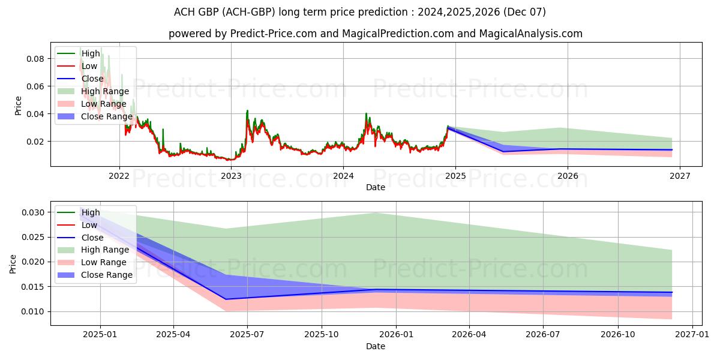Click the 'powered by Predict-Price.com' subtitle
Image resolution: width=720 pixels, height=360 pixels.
click(x=376, y=34)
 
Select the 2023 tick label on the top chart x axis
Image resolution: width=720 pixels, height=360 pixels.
click(x=231, y=175)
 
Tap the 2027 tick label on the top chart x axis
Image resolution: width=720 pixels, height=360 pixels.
click(x=679, y=175)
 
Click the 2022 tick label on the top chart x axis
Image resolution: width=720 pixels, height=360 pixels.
click(x=119, y=175)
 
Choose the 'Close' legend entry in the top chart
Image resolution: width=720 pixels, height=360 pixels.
click(x=92, y=79)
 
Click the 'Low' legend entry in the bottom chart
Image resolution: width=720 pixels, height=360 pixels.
click(x=90, y=225)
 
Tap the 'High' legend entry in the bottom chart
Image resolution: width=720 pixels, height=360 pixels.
click(x=91, y=212)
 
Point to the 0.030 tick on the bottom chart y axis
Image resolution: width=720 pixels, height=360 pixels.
click(x=34, y=212)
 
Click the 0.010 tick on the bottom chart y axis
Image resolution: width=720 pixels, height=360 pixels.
click(x=34, y=311)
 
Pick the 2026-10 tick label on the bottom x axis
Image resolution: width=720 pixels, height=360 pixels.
click(x=618, y=334)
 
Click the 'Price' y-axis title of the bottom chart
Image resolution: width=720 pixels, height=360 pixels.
click(x=13, y=264)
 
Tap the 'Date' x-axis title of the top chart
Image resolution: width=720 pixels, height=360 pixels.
click(x=376, y=187)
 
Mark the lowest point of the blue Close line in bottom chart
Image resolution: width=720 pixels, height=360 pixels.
click(x=226, y=299)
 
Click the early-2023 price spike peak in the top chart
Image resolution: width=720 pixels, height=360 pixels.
click(x=247, y=111)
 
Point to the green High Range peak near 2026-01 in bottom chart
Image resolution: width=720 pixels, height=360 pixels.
click(x=376, y=213)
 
